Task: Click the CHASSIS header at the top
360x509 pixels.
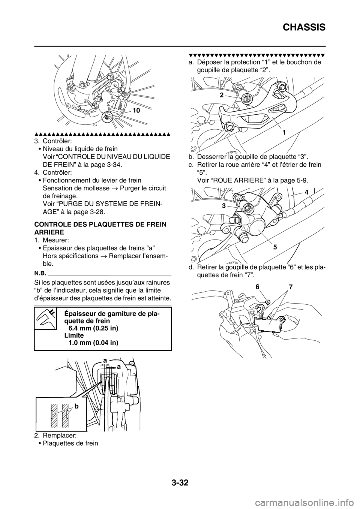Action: (x=304, y=27)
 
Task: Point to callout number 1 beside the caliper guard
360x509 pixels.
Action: (x=284, y=132)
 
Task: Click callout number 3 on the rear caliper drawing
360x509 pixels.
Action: (x=223, y=206)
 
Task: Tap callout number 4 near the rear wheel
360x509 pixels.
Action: (x=307, y=192)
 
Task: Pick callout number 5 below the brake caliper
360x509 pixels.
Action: (x=275, y=247)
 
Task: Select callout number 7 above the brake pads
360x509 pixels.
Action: (x=291, y=287)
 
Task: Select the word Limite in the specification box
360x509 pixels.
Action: (x=74, y=335)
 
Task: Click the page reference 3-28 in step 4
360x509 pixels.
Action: (x=97, y=212)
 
